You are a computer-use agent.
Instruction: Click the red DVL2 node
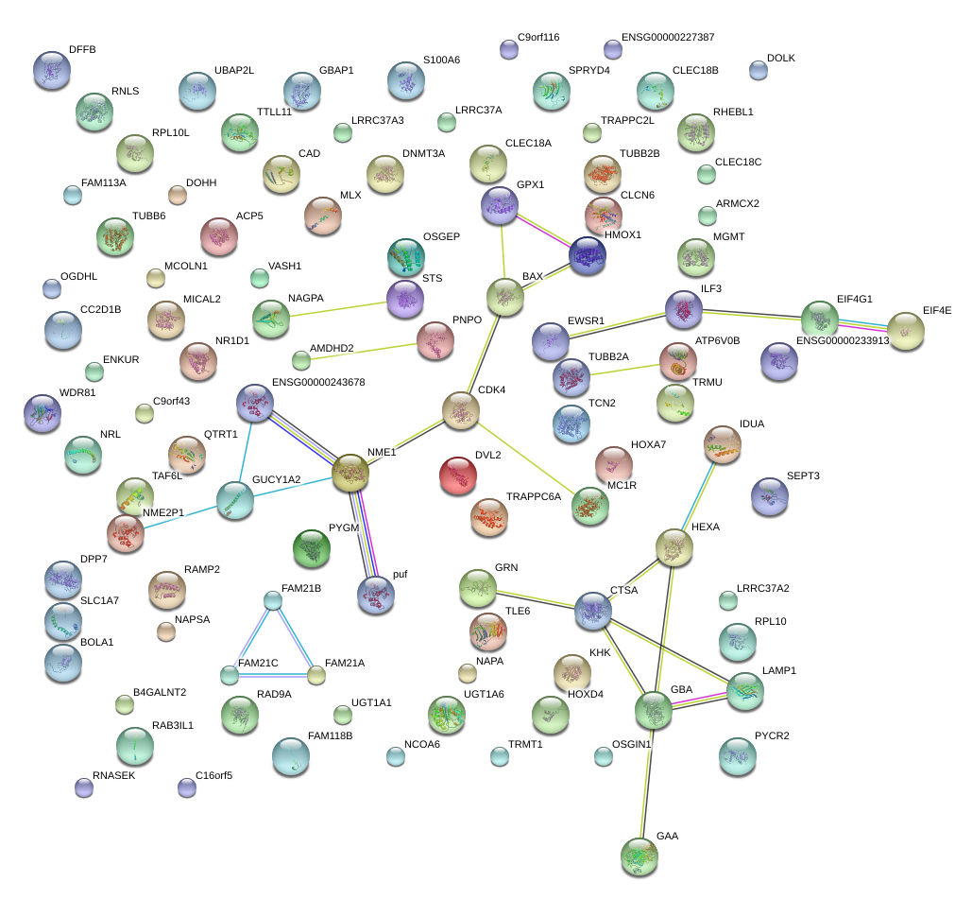458,475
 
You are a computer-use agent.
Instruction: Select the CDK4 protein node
461,410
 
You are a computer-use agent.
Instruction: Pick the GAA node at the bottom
639,856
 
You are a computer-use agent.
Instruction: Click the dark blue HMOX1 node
587,255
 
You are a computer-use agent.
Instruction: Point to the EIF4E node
905,331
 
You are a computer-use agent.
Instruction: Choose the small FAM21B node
273,599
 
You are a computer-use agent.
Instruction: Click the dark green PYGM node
312,548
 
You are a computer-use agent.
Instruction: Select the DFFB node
52,69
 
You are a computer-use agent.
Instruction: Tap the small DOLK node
758,69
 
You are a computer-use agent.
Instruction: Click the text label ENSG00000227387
667,38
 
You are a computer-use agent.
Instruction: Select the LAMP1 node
745,692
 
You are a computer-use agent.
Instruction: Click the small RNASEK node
83,787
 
